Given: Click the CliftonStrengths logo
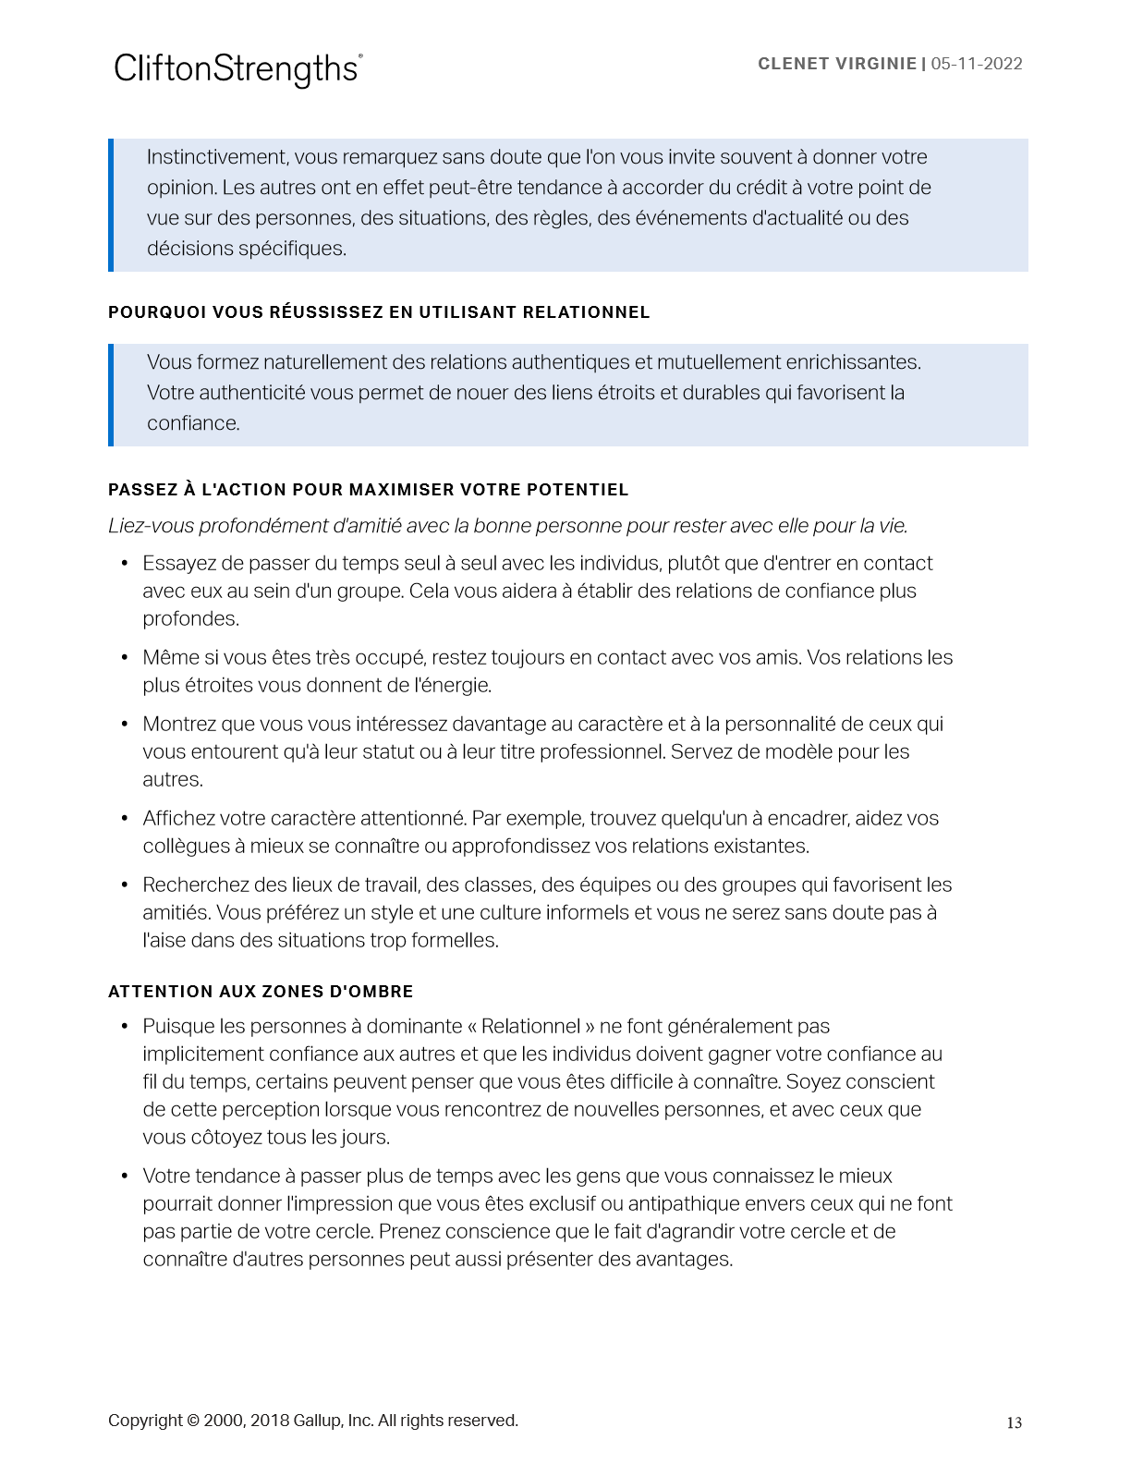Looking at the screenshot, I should point(237,69).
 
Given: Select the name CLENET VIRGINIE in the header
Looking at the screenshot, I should point(836,64).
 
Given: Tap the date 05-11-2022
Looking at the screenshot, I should point(977,64).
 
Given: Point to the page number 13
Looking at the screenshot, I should point(1014,1422).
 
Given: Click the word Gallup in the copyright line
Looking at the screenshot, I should point(317,1421).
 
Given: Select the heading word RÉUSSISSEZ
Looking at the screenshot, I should point(326,312).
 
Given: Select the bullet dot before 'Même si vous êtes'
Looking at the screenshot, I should point(125,658).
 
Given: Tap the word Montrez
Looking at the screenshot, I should point(179,725).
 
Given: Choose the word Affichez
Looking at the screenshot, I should point(179,819).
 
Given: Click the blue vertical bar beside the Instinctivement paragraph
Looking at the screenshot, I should point(111,204).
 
